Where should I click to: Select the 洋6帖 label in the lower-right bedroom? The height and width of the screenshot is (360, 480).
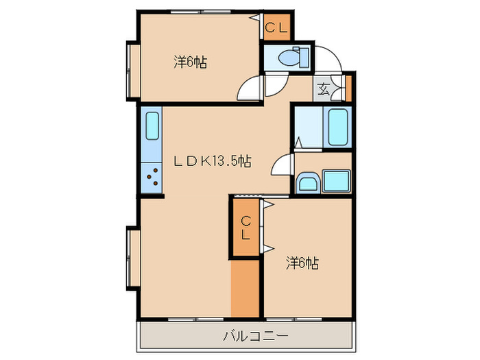(x=302, y=263)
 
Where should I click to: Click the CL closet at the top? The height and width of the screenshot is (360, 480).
(x=278, y=27)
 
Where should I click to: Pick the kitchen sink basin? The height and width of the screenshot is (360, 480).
(x=152, y=127)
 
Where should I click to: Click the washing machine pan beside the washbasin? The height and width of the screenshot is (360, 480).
(x=336, y=181)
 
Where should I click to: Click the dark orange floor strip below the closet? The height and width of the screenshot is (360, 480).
(x=245, y=288)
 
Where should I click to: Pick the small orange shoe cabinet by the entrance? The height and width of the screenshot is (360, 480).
(x=347, y=88)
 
